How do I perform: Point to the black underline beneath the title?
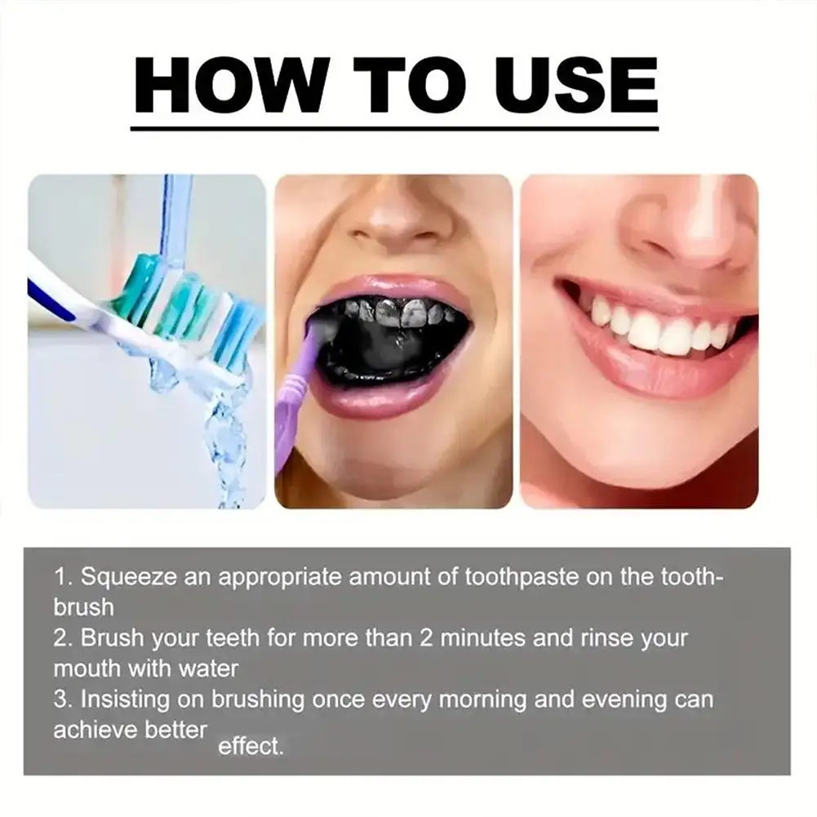click(395, 128)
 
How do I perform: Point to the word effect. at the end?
click(251, 746)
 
